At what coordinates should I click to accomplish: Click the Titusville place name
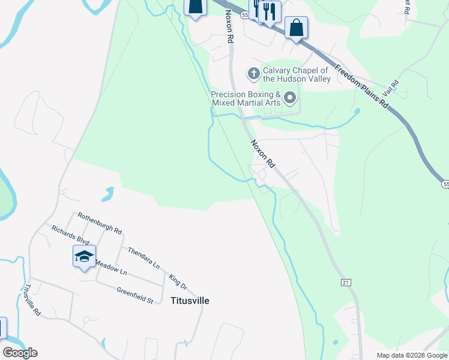pyautogui.click(x=190, y=301)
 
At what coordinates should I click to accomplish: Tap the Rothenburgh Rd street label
pyautogui.click(x=100, y=223)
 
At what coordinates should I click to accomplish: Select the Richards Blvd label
pyautogui.click(x=70, y=235)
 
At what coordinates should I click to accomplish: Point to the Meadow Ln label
pyautogui.click(x=111, y=268)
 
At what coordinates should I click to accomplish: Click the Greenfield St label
pyautogui.click(x=135, y=292)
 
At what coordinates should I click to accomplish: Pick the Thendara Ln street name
pyautogui.click(x=143, y=257)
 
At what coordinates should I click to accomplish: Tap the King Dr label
pyautogui.click(x=178, y=281)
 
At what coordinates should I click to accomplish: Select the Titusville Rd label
pyautogui.click(x=32, y=300)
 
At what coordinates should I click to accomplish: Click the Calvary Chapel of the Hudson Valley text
pyautogui.click(x=297, y=74)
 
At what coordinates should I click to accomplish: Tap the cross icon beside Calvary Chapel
pyautogui.click(x=253, y=74)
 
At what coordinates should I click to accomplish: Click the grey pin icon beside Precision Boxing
pyautogui.click(x=291, y=97)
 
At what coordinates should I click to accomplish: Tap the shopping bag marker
pyautogui.click(x=297, y=28)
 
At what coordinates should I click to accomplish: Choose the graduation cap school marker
pyautogui.click(x=84, y=257)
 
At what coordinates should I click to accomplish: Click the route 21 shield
pyautogui.click(x=345, y=281)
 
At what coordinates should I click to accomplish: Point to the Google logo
pyautogui.click(x=20, y=353)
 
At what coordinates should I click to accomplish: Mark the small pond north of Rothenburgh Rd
pyautogui.click(x=107, y=194)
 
